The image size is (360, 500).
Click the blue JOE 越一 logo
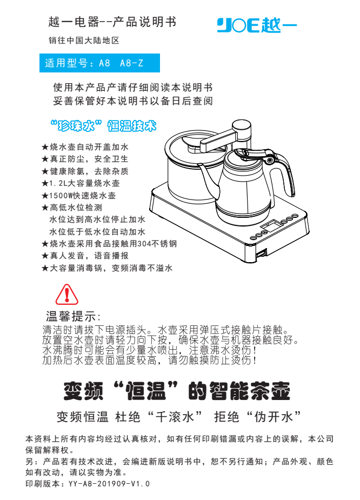(x=257, y=25)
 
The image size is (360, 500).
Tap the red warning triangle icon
(x=66, y=294)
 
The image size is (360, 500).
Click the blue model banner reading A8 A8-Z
(x=99, y=63)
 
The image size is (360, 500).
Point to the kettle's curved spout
(x=209, y=179)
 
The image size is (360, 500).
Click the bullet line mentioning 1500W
(x=79, y=196)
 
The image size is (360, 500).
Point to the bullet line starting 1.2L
(x=81, y=183)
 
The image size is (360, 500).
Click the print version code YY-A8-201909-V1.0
(x=109, y=484)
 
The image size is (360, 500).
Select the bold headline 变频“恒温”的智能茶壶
(x=177, y=391)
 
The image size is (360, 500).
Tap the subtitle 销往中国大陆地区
(x=84, y=41)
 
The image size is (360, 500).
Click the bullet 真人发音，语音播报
(x=85, y=256)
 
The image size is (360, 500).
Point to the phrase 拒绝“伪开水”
(x=258, y=416)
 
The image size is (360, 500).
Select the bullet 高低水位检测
(x=72, y=208)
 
